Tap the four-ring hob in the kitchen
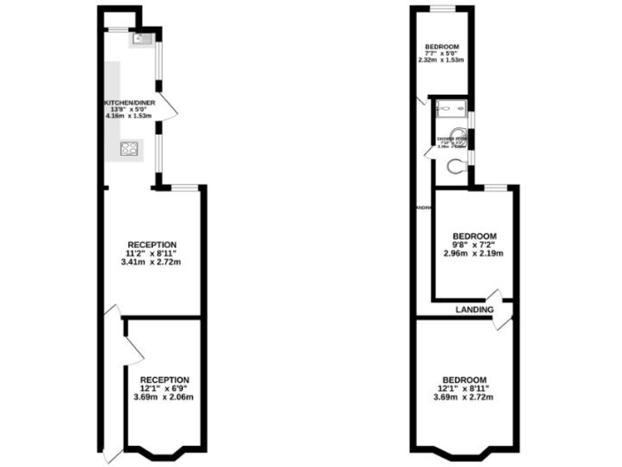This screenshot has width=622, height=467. [x=129, y=148]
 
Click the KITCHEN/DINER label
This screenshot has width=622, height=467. [x=130, y=103]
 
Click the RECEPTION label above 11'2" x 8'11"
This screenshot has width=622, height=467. [x=151, y=244]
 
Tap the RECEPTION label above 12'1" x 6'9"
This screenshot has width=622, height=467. [x=164, y=379]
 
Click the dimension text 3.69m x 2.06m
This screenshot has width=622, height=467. [x=164, y=397]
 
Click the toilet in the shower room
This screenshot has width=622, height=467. [x=457, y=166]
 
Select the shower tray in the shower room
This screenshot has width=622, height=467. [x=449, y=107]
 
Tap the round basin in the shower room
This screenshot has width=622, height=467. [x=459, y=136]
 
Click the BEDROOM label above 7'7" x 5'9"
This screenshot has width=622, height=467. [x=442, y=45]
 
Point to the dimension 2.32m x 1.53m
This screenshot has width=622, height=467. [x=441, y=60]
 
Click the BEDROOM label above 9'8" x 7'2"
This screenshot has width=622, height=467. [x=474, y=236]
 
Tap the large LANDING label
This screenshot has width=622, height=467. [x=475, y=310]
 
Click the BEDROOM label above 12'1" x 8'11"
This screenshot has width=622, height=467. [x=464, y=379]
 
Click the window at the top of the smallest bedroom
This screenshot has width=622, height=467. [x=443, y=9]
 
